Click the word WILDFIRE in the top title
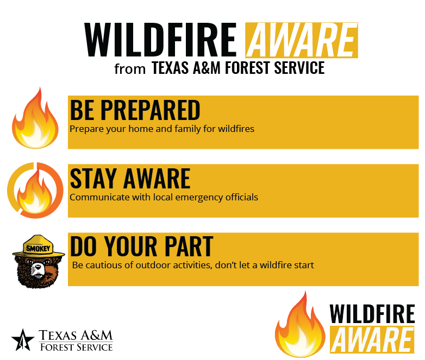pos(160,40)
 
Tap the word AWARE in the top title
pos(302,40)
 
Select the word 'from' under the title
pos(130,69)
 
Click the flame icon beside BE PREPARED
pos(35,118)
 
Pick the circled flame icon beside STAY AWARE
pos(35,190)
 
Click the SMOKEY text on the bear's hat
pos(38,248)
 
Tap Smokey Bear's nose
pos(37,267)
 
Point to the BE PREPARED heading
pos(135,110)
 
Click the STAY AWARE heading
pos(130,178)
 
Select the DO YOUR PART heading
pos(142,246)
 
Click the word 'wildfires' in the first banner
pos(236,129)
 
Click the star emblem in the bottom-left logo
pos(23,340)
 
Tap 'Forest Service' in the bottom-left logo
pos(77,347)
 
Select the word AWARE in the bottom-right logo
pos(372,340)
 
